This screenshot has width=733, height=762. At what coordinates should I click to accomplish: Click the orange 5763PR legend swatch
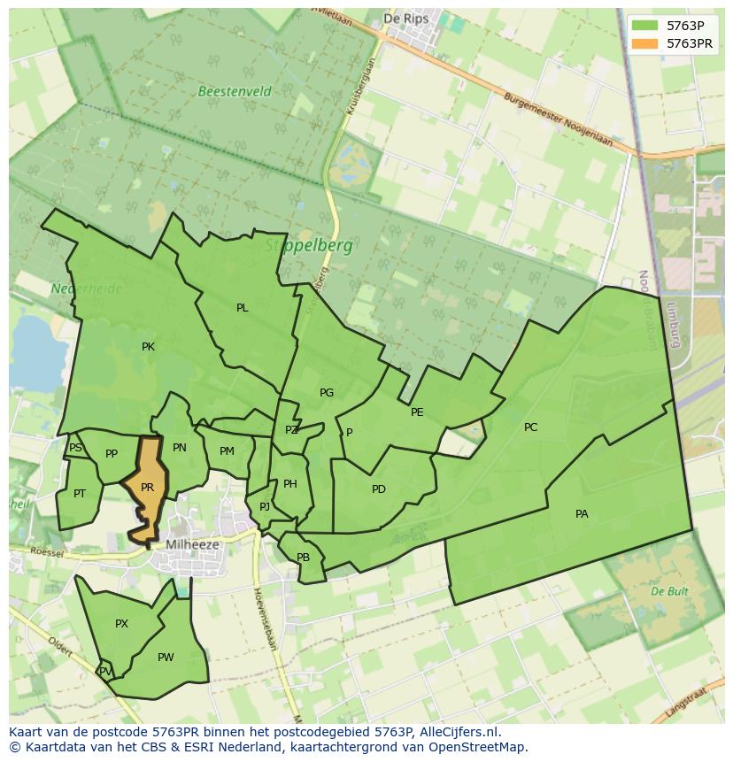[646, 43]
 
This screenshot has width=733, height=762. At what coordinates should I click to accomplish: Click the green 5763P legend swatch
[646, 25]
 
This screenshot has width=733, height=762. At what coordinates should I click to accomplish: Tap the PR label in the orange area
[148, 488]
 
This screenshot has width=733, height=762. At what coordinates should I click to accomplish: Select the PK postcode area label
[148, 347]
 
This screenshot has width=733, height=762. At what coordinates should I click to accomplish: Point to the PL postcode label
[243, 308]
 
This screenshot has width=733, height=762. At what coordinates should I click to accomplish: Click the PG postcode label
[327, 393]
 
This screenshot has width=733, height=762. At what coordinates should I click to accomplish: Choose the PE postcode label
[417, 412]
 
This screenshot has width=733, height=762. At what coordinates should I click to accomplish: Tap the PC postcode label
[530, 427]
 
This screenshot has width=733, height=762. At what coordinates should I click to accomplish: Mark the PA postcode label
[582, 514]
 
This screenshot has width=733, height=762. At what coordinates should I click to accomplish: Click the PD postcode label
[379, 489]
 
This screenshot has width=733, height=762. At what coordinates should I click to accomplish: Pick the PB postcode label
[303, 558]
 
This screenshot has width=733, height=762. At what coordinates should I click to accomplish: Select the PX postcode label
[122, 624]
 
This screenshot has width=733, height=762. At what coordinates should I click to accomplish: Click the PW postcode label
[166, 658]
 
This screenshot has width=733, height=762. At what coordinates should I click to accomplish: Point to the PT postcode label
[80, 494]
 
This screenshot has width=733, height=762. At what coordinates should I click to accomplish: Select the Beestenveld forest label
[235, 91]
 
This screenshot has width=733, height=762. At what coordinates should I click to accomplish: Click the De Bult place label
[669, 590]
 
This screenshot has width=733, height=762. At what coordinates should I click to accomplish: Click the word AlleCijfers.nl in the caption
[459, 732]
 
